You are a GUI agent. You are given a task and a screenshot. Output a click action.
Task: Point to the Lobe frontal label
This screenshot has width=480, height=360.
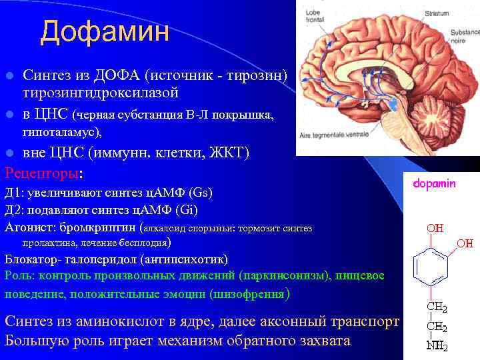tap(316, 16)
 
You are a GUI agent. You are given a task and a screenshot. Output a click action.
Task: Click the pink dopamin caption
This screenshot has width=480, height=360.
tap(434, 184)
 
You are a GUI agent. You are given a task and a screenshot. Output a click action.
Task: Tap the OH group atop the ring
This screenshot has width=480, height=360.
tap(435, 228)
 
